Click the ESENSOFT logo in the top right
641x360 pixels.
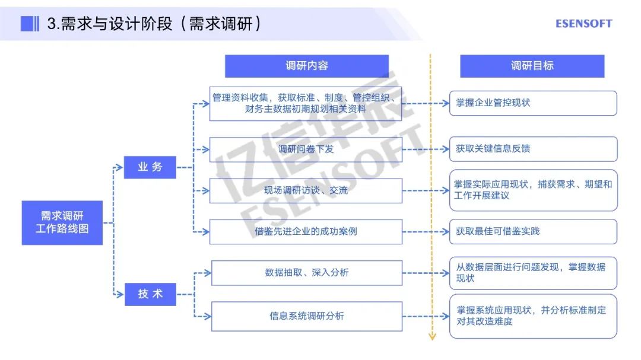point(583,24)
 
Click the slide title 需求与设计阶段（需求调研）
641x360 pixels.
point(154,24)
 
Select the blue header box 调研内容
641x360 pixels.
point(306,66)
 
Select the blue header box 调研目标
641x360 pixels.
point(532,66)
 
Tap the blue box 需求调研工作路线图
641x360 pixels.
point(62,222)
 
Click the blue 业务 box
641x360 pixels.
point(150,167)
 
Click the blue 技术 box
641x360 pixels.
point(150,294)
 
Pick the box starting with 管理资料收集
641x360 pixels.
point(306,103)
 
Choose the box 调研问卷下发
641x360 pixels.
point(306,149)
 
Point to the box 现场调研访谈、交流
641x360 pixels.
point(306,190)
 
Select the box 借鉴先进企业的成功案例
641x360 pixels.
point(306,231)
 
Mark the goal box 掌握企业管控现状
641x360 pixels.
point(532,103)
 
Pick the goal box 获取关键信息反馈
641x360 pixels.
point(532,149)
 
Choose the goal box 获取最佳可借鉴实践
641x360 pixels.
point(532,231)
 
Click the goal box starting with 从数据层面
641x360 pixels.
point(532,273)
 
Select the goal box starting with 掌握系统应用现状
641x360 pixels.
point(532,316)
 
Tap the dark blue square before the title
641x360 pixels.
point(27,24)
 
